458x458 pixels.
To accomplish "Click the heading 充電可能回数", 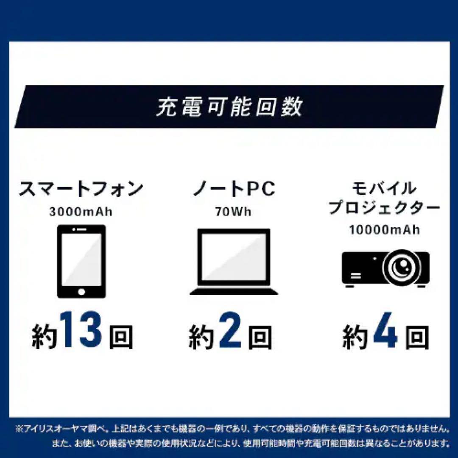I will point(229,107).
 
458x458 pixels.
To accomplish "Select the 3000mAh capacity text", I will point(81,212).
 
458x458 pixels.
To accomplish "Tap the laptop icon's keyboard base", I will point(234,292).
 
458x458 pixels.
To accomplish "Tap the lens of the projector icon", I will point(402,266).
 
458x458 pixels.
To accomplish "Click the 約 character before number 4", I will point(355,337).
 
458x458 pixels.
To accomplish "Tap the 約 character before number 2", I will point(201,337).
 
